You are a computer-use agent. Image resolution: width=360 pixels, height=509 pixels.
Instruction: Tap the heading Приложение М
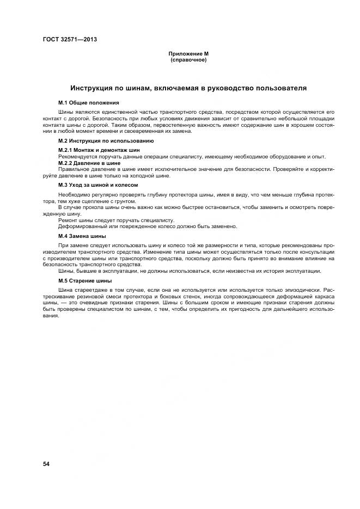[x=188, y=54]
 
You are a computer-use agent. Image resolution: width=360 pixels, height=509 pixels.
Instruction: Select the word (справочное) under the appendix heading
[x=188, y=60]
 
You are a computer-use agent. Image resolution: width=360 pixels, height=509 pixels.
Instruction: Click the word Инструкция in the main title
[x=94, y=87]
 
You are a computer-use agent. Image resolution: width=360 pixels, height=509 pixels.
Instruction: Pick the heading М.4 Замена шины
[x=82, y=236]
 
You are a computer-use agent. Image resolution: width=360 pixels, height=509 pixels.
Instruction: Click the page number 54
[x=47, y=464]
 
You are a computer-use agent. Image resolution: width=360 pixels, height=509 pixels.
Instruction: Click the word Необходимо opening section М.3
[x=75, y=194]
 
